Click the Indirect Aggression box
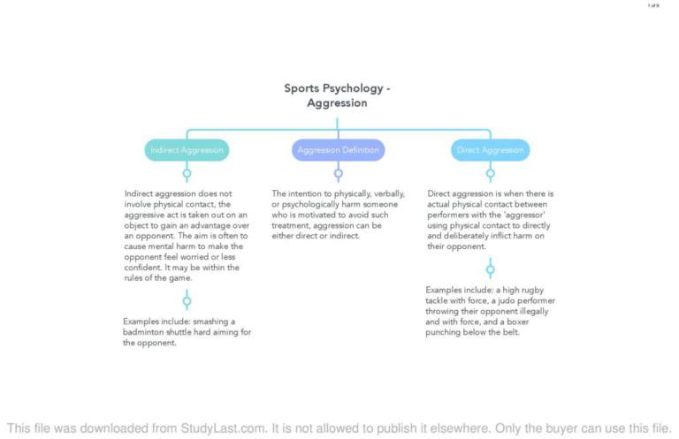[187, 150]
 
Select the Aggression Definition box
[338, 150]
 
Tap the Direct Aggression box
[490, 150]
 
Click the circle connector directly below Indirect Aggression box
[187, 173]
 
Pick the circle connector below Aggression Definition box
[338, 173]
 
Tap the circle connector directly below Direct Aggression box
[490, 173]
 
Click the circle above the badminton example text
[187, 300]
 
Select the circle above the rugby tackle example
[490, 269]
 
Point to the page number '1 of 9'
[653, 6]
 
